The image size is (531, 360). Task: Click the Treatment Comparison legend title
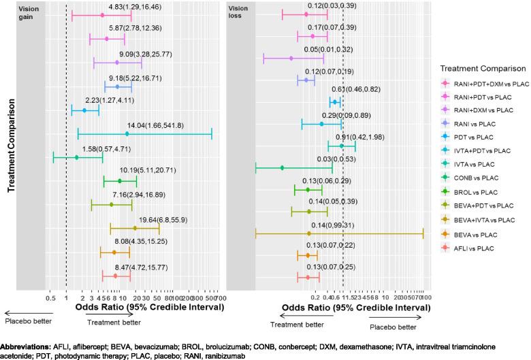point(482,68)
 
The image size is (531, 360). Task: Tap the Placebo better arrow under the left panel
point(27,312)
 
